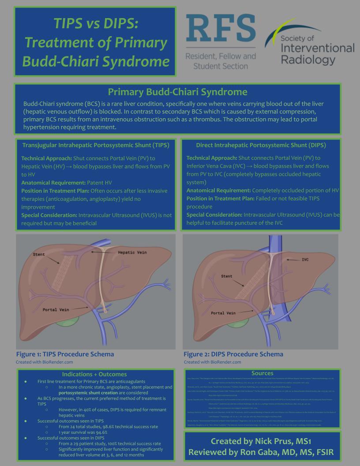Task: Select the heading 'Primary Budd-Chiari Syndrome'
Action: [177, 92]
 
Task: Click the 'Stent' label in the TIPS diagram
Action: [39, 255]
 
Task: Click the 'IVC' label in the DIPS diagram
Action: [305, 259]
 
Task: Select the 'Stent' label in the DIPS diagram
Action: [227, 276]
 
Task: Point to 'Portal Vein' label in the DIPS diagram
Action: [224, 313]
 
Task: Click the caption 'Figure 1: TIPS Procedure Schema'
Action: [65, 354]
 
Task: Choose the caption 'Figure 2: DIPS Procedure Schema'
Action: [233, 354]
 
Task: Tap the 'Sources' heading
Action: [262, 373]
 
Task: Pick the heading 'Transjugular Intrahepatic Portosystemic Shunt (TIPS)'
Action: [96, 145]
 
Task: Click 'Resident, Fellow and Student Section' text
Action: [220, 61]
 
